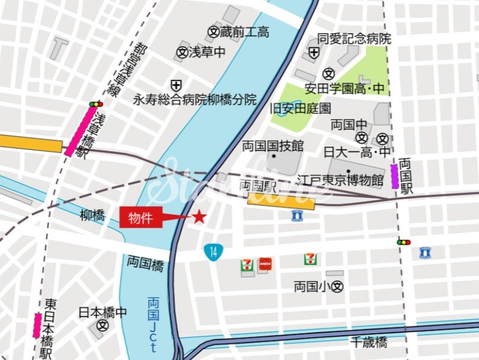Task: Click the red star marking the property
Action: [199, 218]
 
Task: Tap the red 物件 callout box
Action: [141, 218]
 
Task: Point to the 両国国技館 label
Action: [272, 145]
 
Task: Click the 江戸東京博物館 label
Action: [341, 180]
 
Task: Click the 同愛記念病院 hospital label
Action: [354, 39]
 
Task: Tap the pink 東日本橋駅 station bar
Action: [37, 326]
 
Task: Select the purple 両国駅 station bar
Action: [395, 177]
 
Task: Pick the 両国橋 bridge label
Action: [145, 264]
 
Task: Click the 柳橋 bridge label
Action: [92, 216]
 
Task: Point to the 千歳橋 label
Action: [369, 342]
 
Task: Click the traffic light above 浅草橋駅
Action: [96, 104]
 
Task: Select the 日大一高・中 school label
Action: [357, 152]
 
